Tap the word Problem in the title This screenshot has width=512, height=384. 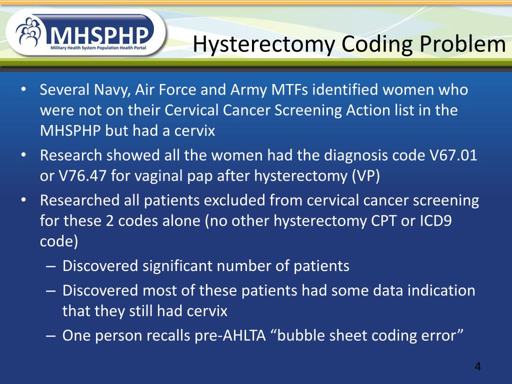coord(463,44)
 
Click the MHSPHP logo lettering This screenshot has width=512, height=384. coord(100,35)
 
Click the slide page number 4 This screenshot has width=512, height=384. coord(477,367)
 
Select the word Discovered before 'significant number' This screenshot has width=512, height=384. coord(100,265)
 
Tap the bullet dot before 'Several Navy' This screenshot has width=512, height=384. coord(23,90)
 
